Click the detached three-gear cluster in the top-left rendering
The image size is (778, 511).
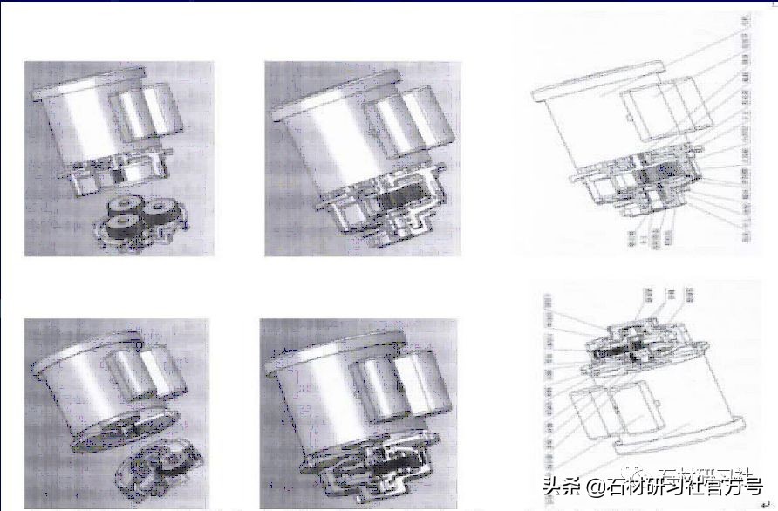click(x=140, y=222)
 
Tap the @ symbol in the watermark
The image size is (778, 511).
click(x=592, y=486)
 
